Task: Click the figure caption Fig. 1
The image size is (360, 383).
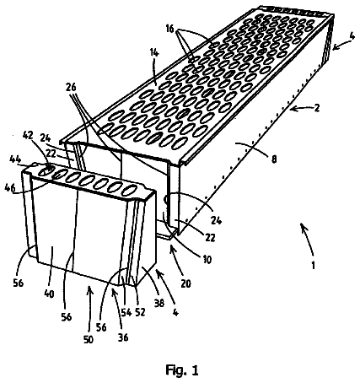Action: point(182,370)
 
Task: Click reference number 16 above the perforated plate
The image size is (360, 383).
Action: point(169,30)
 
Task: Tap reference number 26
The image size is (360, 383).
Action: point(71,88)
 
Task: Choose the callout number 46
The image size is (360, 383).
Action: point(10,187)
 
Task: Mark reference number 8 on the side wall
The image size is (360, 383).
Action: point(274,159)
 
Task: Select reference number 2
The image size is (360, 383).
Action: point(317,108)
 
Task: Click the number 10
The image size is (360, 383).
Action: point(207,260)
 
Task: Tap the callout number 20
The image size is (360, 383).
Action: point(185,283)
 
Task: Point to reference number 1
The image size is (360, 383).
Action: point(314,265)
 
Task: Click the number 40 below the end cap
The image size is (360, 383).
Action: point(50,294)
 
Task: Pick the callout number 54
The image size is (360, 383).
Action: point(126,312)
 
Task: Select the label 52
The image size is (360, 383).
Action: point(140,312)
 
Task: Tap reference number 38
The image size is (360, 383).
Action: point(159,303)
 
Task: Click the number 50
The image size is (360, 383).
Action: point(89,340)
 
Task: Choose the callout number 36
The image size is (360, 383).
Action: point(123,337)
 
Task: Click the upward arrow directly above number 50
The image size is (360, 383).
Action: point(90,299)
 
